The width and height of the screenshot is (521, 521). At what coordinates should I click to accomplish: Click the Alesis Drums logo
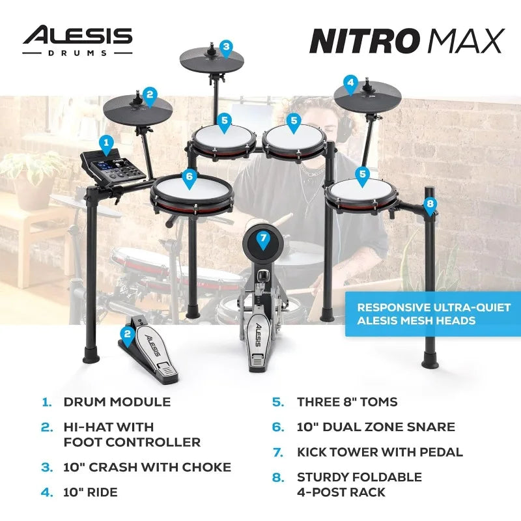77,40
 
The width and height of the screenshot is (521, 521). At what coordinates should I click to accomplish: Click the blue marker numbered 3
225,47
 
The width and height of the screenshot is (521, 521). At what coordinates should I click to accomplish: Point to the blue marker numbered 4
351,83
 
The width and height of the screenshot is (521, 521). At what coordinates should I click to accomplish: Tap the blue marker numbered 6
189,176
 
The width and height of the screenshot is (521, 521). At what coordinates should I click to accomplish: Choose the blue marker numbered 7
263,239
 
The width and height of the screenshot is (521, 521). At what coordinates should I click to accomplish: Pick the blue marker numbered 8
429,204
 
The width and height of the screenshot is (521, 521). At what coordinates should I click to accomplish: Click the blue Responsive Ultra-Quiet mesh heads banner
433,314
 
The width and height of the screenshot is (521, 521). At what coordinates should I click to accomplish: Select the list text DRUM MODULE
117,402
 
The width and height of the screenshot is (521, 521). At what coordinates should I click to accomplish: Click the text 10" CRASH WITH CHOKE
147,467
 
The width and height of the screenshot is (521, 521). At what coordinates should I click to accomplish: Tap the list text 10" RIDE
91,492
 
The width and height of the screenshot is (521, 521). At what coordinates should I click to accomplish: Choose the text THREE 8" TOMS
346,402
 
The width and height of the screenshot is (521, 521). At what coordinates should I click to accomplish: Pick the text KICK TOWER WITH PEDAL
380,452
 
